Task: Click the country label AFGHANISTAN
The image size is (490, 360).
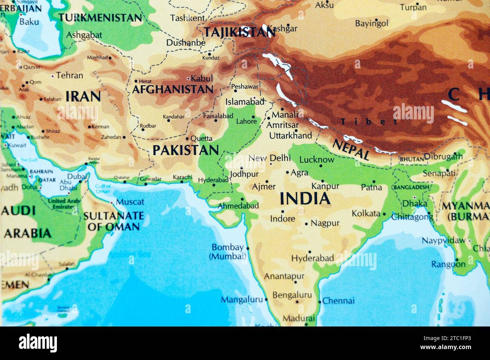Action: pos(173,90)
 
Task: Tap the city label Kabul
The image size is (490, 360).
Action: pos(202,79)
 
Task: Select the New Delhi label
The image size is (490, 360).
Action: pos(269,158)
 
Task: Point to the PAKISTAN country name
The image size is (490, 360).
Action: pos(186,150)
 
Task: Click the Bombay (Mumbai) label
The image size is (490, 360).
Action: pos(227,252)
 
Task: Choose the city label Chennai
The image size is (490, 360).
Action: pos(338,301)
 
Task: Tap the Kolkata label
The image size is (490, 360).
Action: pos(366,213)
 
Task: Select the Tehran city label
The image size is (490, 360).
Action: pos(70,75)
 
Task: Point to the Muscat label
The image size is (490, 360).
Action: pos(130,202)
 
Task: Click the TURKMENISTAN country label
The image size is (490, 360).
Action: pos(100,17)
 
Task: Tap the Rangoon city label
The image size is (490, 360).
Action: pos(448,264)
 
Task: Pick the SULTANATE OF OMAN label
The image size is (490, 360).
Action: pos(113,221)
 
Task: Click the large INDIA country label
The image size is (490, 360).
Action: pos(305,198)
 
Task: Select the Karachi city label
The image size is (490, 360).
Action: pos(182,177)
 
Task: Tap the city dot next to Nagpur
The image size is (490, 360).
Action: pos(306,224)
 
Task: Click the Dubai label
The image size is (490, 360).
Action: pos(77,176)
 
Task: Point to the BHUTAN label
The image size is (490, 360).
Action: pos(412,159)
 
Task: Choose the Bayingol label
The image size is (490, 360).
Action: pos(371,23)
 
